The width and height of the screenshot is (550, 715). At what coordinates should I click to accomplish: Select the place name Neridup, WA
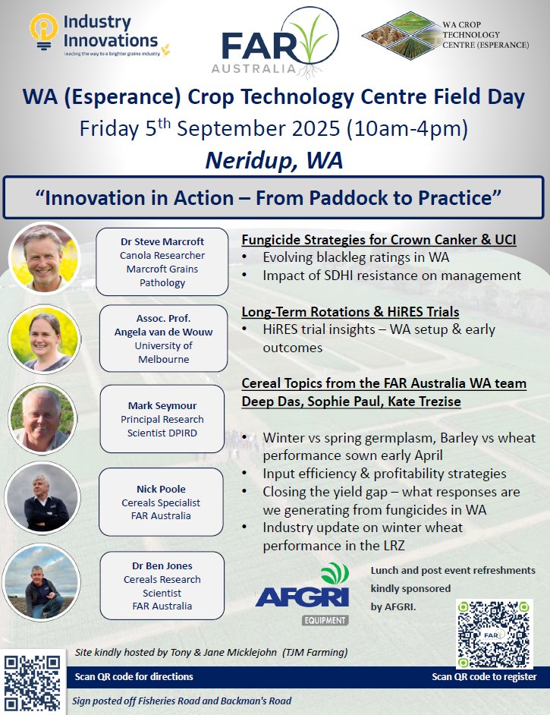click(x=274, y=160)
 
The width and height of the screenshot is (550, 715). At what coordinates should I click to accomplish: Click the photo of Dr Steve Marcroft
click(x=44, y=259)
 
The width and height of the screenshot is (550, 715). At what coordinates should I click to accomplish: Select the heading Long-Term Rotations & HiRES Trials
click(x=350, y=311)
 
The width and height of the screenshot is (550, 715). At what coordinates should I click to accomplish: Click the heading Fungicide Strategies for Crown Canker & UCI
click(x=379, y=240)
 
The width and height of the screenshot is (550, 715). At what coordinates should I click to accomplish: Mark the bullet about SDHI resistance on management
click(x=391, y=276)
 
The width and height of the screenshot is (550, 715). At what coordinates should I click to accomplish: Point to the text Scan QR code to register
click(x=483, y=676)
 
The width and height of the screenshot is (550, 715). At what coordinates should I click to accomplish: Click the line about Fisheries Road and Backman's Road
click(x=182, y=701)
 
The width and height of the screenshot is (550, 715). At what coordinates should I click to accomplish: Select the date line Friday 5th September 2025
click(x=274, y=128)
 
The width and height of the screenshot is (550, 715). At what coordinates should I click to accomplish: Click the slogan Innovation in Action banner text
click(x=274, y=197)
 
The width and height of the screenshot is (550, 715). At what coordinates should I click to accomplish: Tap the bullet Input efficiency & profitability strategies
click(x=384, y=474)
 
